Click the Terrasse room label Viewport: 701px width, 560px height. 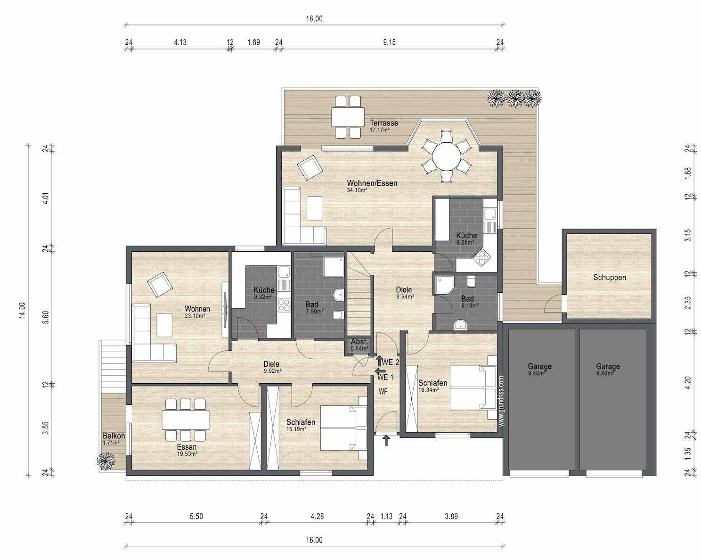pos(384,123)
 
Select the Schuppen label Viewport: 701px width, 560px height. pos(610,277)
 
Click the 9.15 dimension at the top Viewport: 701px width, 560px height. pos(389,42)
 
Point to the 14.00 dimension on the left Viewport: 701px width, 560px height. pos(22,310)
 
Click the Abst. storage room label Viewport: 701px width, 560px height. pos(359,342)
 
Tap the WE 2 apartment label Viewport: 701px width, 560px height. pos(390,362)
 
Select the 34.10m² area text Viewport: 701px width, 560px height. pos(357,190)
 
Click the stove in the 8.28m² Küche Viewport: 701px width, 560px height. pos(482,258)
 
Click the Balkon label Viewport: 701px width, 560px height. pos(114,436)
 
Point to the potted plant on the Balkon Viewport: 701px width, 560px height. pos(106,461)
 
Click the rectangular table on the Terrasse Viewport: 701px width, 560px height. pos(348,117)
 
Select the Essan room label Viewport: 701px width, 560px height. pos(187,447)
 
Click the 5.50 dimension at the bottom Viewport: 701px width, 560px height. pos(196,516)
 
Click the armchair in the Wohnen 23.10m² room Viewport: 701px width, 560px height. pos(160,285)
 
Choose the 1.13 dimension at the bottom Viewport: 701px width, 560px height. pos(386,516)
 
